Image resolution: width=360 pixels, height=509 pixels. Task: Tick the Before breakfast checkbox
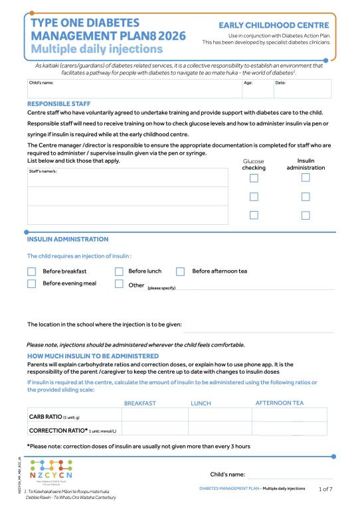(x=31, y=271)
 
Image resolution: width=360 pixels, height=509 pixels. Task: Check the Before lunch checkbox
(x=119, y=271)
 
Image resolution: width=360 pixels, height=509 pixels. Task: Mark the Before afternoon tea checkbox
(x=180, y=271)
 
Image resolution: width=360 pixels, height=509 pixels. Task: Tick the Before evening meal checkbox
(x=31, y=284)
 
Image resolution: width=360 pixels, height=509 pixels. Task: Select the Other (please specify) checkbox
(x=119, y=284)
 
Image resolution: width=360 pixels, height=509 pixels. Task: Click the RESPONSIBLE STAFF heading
(x=58, y=104)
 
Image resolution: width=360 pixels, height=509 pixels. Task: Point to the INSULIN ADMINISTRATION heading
(x=67, y=239)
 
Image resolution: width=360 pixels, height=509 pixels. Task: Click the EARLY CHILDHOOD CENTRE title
(x=275, y=25)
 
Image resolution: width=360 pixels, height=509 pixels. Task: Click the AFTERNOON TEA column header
(x=279, y=403)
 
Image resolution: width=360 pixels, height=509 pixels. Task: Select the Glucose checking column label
(x=254, y=165)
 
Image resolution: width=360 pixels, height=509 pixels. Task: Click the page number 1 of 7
(x=325, y=488)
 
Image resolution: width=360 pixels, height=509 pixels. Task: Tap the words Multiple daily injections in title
(x=97, y=49)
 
